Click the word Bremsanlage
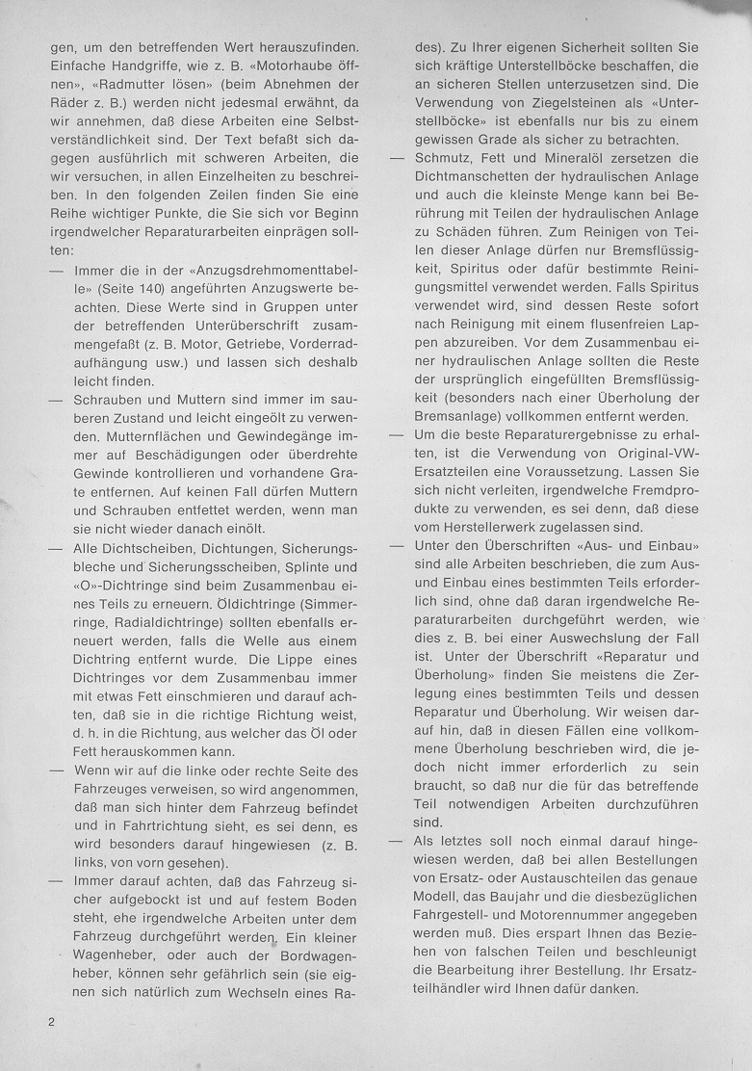455,417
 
